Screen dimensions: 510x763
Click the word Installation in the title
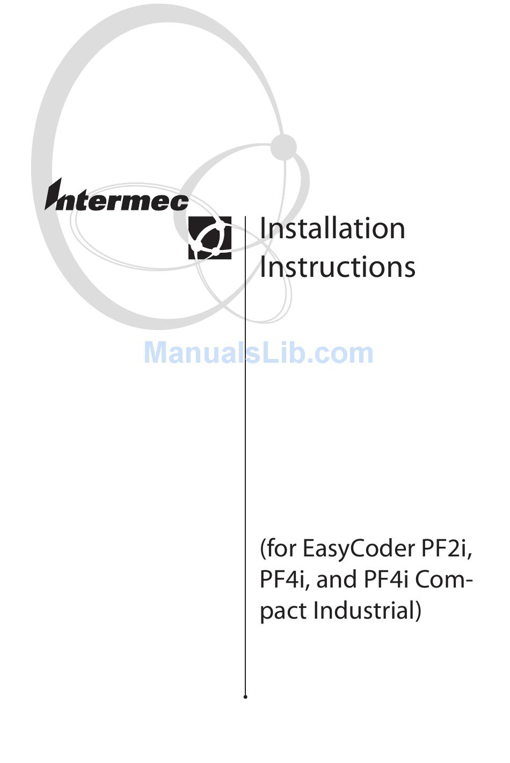332,229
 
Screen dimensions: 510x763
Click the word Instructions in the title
337,267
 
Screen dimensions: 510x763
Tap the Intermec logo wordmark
117,197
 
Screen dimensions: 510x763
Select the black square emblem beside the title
210,238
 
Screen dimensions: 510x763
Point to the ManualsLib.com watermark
258,353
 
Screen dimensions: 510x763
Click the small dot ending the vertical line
245,697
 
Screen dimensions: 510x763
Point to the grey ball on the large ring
283,147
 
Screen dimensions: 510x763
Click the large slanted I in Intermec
54,194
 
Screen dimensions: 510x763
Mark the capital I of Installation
263,229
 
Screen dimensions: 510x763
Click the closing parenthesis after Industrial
417,611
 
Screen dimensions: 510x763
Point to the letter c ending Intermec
181,202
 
